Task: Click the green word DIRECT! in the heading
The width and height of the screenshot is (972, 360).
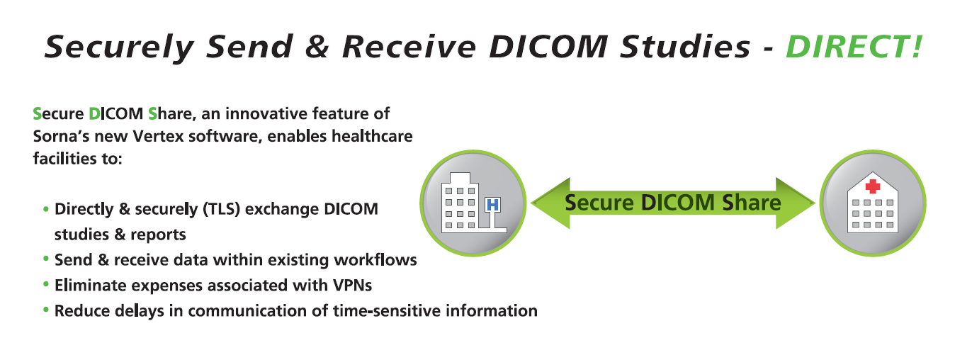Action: [x=854, y=47]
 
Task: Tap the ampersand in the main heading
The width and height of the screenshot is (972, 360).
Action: [x=317, y=47]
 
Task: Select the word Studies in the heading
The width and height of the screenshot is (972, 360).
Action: [x=685, y=47]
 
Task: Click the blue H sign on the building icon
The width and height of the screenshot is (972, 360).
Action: [x=492, y=205]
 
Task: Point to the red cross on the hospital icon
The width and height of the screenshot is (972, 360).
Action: [x=873, y=186]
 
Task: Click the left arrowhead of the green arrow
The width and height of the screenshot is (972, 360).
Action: [x=550, y=203]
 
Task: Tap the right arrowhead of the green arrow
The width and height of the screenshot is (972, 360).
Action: [x=796, y=203]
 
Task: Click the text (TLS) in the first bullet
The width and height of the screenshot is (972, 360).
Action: [x=221, y=209]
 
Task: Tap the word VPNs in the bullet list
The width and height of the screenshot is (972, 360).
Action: [x=352, y=286]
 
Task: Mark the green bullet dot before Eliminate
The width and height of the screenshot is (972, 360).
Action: [x=46, y=284]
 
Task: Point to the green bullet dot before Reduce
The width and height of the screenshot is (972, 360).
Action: [x=46, y=310]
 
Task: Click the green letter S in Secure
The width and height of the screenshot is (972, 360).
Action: [x=38, y=114]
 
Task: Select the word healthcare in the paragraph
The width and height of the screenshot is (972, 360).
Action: [x=372, y=136]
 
